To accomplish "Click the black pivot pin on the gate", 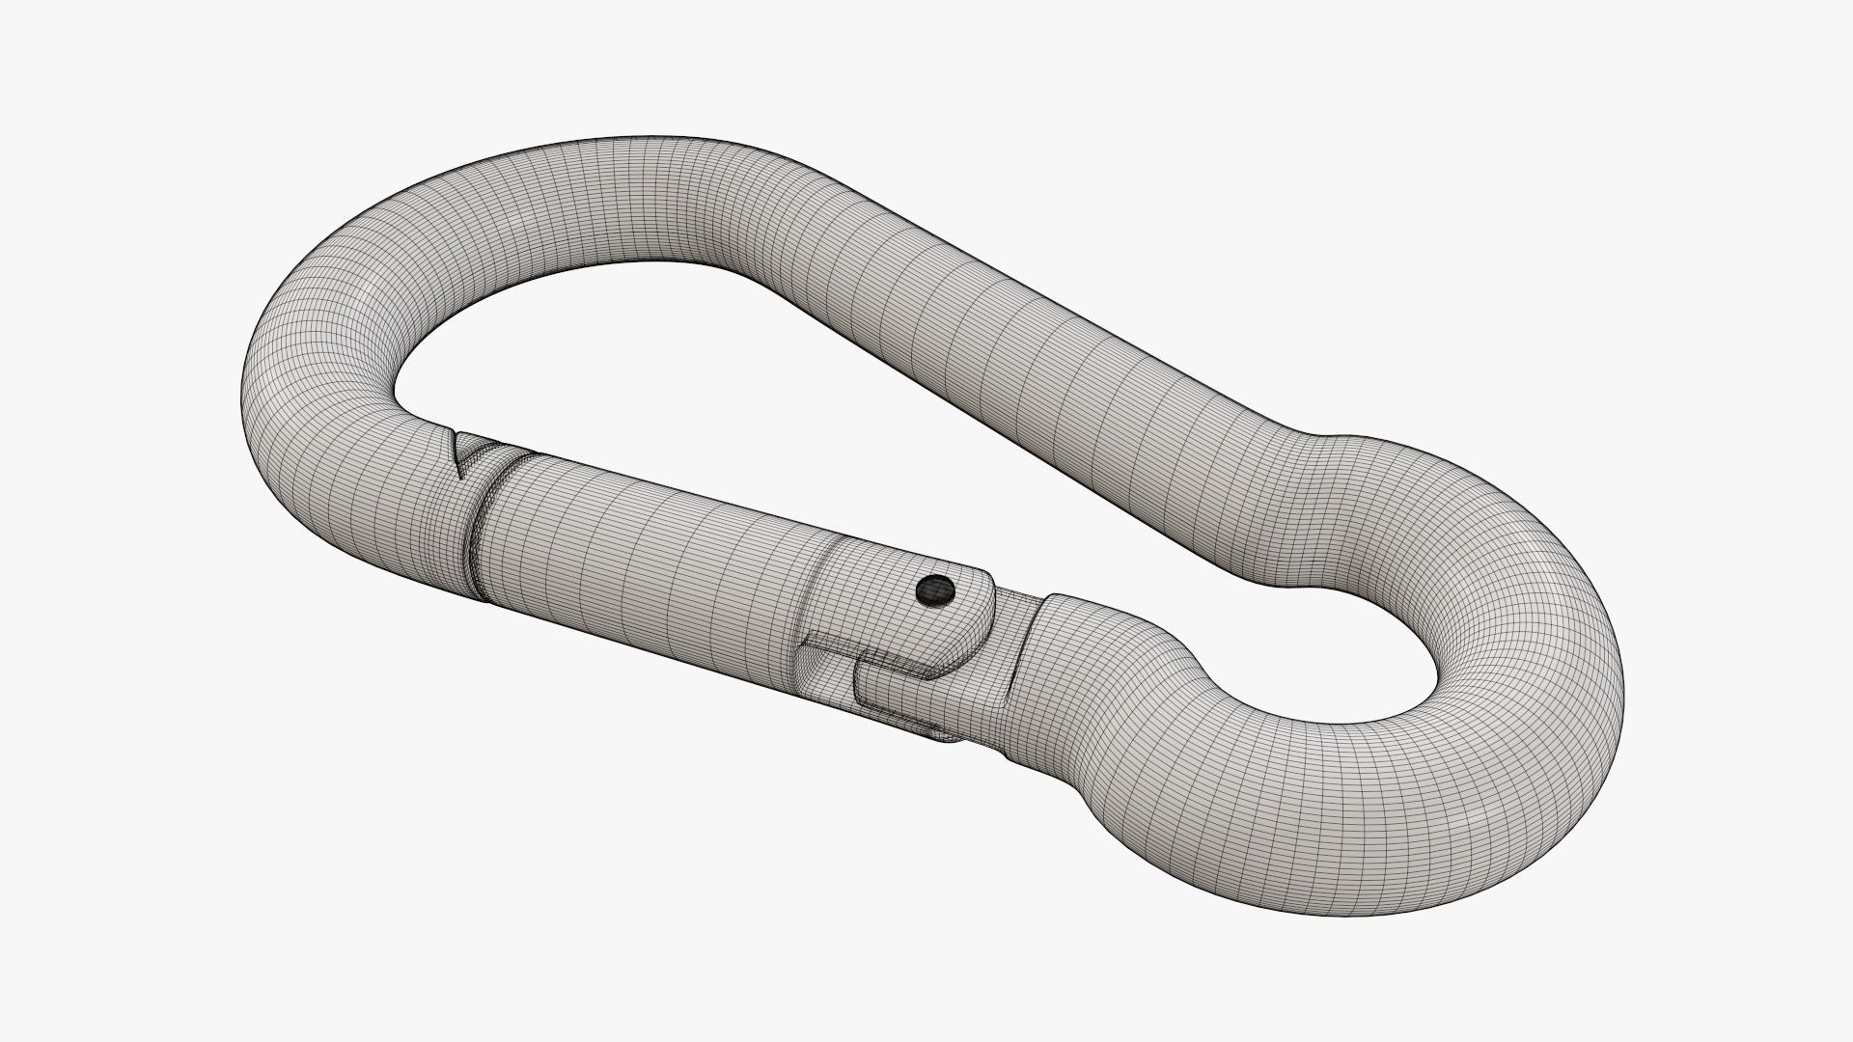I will [x=934, y=588].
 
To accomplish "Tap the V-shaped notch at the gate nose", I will [x=467, y=452].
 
